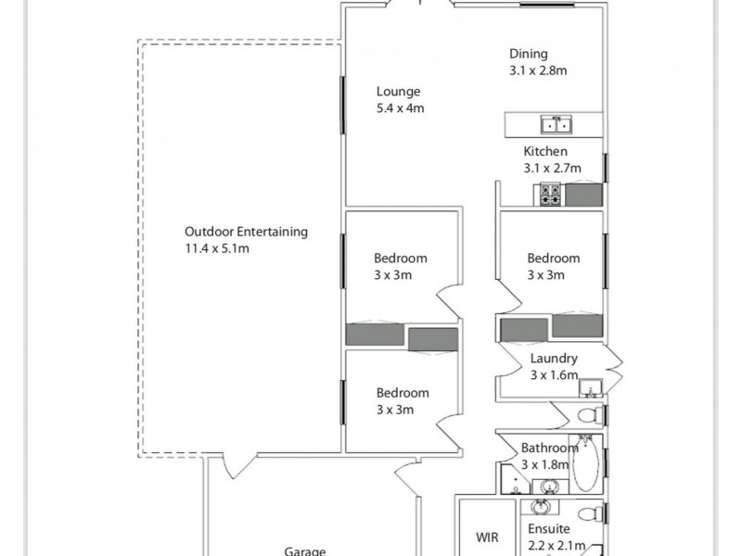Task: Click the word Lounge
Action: click(x=398, y=92)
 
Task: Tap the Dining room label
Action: click(x=528, y=54)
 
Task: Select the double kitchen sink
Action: click(x=556, y=124)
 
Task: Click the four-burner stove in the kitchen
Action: click(x=548, y=195)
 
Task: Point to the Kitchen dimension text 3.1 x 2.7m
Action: click(x=552, y=169)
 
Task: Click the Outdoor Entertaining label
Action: click(x=246, y=232)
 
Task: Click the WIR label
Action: click(x=488, y=537)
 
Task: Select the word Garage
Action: click(x=304, y=550)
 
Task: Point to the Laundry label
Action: click(x=554, y=359)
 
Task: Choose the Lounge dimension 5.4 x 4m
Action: click(x=400, y=108)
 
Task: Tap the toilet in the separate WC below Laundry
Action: click(x=589, y=414)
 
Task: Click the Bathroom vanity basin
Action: click(x=549, y=485)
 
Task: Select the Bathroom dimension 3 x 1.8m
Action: click(x=549, y=464)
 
